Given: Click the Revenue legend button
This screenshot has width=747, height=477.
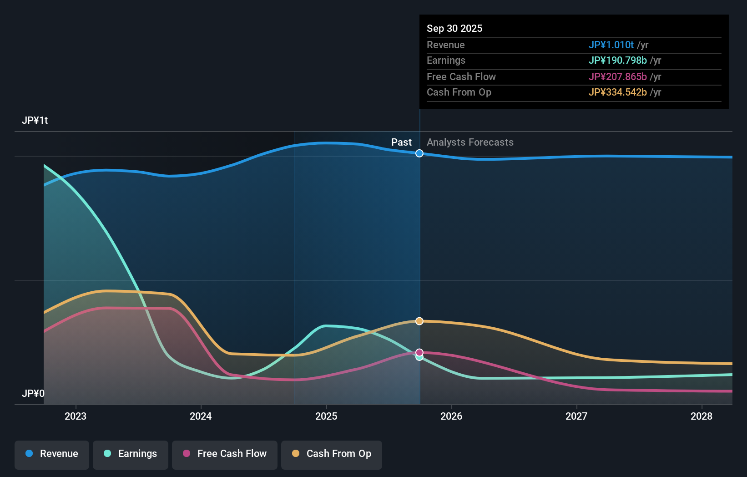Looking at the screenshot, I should tap(52, 454).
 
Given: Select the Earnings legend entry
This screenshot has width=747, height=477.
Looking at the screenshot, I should tap(131, 454).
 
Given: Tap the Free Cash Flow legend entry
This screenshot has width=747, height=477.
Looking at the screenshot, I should tap(225, 454).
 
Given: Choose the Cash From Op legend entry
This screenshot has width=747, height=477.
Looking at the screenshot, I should tap(332, 454).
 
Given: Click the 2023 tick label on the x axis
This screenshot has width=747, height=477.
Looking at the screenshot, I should tap(76, 416).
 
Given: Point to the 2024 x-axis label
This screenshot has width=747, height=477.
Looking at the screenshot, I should tap(201, 416).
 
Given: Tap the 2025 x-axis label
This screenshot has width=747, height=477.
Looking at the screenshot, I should tap(326, 416).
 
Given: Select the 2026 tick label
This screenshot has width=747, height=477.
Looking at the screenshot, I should tap(451, 416).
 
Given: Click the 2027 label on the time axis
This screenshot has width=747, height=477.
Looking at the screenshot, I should tap(576, 416).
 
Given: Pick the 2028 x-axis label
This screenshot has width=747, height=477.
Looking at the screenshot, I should tap(702, 416).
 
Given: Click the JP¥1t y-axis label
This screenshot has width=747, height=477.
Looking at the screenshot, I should tap(35, 121).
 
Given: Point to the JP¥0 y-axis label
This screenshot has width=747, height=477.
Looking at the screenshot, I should tap(33, 393).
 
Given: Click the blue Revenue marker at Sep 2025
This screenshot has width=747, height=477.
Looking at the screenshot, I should tap(419, 153).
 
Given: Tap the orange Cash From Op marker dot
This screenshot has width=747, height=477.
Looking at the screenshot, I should tap(419, 321).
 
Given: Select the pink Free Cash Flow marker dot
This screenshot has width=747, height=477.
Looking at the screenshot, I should tap(419, 352).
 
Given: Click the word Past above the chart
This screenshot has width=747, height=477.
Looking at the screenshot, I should tap(401, 142).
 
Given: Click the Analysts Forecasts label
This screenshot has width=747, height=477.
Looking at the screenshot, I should tap(470, 142).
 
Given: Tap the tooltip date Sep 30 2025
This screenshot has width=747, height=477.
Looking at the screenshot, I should tap(454, 28).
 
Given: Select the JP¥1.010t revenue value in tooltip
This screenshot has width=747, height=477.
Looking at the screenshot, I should tap(611, 45).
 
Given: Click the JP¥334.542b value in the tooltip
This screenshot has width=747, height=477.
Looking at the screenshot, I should tap(617, 92).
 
